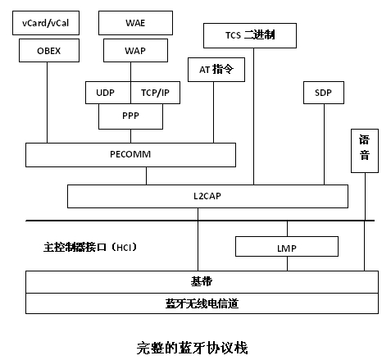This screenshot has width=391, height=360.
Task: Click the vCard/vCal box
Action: (46, 23)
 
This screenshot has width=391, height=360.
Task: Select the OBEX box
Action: (49, 50)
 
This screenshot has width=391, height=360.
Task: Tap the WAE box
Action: (135, 23)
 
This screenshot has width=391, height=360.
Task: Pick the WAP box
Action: (135, 50)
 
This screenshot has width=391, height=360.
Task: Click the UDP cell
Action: (108, 93)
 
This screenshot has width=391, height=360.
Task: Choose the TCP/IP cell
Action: (155, 93)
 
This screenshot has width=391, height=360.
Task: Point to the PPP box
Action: (130, 116)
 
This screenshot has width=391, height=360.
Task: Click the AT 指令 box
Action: (216, 70)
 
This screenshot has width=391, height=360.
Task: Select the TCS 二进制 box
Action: (250, 35)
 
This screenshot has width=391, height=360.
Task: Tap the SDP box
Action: (324, 93)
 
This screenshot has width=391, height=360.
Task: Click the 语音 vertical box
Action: (365, 151)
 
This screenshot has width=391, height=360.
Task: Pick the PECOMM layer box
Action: (130, 155)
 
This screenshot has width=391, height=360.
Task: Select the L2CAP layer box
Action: (207, 196)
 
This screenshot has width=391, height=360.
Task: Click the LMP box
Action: (287, 247)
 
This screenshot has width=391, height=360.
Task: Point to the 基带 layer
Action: (202, 282)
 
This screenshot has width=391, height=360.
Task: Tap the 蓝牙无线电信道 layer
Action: (202, 303)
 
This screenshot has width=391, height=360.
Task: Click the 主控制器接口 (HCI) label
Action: (90, 247)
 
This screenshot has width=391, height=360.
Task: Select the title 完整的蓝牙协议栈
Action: (192, 348)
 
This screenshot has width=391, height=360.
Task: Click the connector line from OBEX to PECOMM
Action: (47, 103)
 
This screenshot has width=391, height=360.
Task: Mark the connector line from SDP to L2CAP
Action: (324, 144)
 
